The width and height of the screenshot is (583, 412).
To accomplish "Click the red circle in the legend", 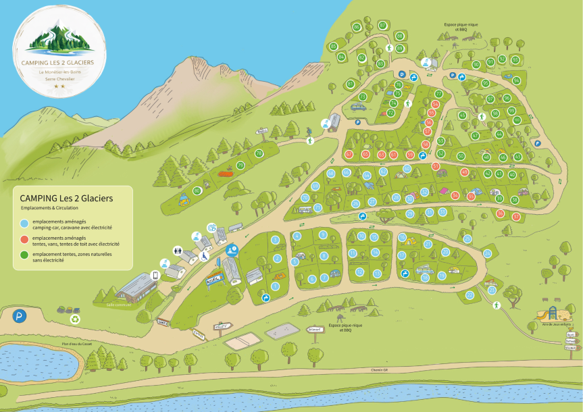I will click(24, 239).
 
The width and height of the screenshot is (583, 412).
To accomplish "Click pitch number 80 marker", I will click(197, 191).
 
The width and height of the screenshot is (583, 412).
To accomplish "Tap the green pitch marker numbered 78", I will click(258, 154).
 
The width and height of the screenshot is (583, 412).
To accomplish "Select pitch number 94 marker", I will click(516, 80).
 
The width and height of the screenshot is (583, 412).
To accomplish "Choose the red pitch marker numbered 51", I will click(436, 165).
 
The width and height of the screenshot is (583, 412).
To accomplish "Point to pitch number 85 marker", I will click(333, 46).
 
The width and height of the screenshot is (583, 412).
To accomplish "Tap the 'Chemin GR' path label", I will click(381, 369).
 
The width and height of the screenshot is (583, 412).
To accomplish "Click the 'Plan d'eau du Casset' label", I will click(76, 344).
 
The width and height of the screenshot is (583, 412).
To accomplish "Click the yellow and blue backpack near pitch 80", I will click(182, 199).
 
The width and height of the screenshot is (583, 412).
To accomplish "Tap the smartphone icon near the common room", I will click(155, 275).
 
